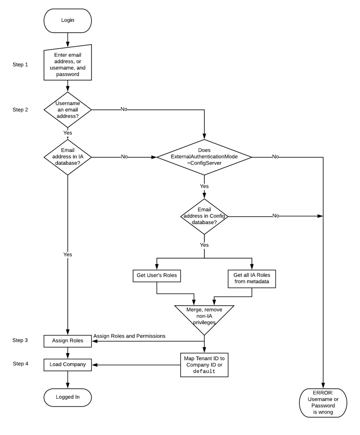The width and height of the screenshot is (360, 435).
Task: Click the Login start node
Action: [x=67, y=21]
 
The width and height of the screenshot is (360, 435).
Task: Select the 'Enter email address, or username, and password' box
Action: [x=67, y=64]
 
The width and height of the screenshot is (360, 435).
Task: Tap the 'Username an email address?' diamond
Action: [x=67, y=109]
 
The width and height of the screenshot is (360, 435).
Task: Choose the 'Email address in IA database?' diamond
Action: [x=67, y=157]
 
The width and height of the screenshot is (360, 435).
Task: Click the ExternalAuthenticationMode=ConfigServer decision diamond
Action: [x=204, y=157]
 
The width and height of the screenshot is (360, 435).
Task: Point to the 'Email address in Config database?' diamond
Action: [x=204, y=216]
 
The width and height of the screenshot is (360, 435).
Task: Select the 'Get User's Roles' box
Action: [x=157, y=275]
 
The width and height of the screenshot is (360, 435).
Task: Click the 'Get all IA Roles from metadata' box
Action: [x=251, y=278]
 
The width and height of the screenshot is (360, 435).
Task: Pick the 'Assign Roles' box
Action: [x=67, y=341]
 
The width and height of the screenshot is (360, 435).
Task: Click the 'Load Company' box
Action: [x=67, y=365]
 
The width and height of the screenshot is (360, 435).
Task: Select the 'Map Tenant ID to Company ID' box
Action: [x=204, y=365]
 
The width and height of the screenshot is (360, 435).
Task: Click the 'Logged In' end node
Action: [x=67, y=397]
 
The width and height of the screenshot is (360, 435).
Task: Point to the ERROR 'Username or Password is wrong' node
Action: [x=323, y=402]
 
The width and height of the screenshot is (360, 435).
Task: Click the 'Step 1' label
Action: [x=20, y=65]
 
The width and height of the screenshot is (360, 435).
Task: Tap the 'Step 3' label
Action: [x=20, y=340]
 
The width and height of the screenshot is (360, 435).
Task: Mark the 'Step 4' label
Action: [x=20, y=364]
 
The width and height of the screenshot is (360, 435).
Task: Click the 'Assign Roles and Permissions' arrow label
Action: [x=129, y=336]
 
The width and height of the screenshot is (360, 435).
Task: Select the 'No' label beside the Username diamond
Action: [x=124, y=109]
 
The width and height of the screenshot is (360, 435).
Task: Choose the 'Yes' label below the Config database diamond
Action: [x=204, y=245]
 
